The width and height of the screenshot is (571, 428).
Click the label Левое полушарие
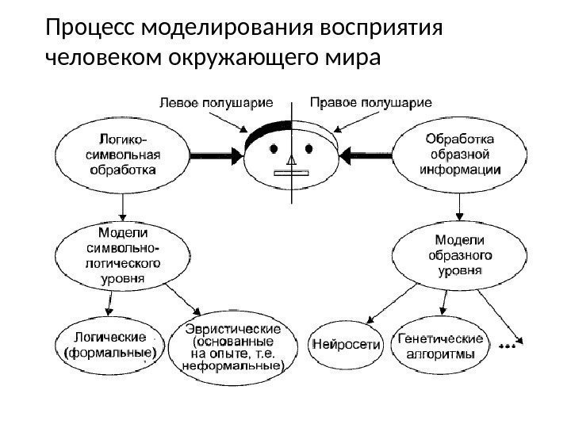(x=217, y=102)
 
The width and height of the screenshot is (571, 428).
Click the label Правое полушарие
(x=370, y=102)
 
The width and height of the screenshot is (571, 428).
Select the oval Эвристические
(x=233, y=347)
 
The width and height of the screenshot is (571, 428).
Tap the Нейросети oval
(x=347, y=346)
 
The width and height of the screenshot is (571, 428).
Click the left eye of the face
(x=274, y=148)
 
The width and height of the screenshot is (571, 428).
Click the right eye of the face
(x=308, y=148)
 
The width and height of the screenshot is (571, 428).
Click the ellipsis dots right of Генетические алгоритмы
(x=508, y=346)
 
